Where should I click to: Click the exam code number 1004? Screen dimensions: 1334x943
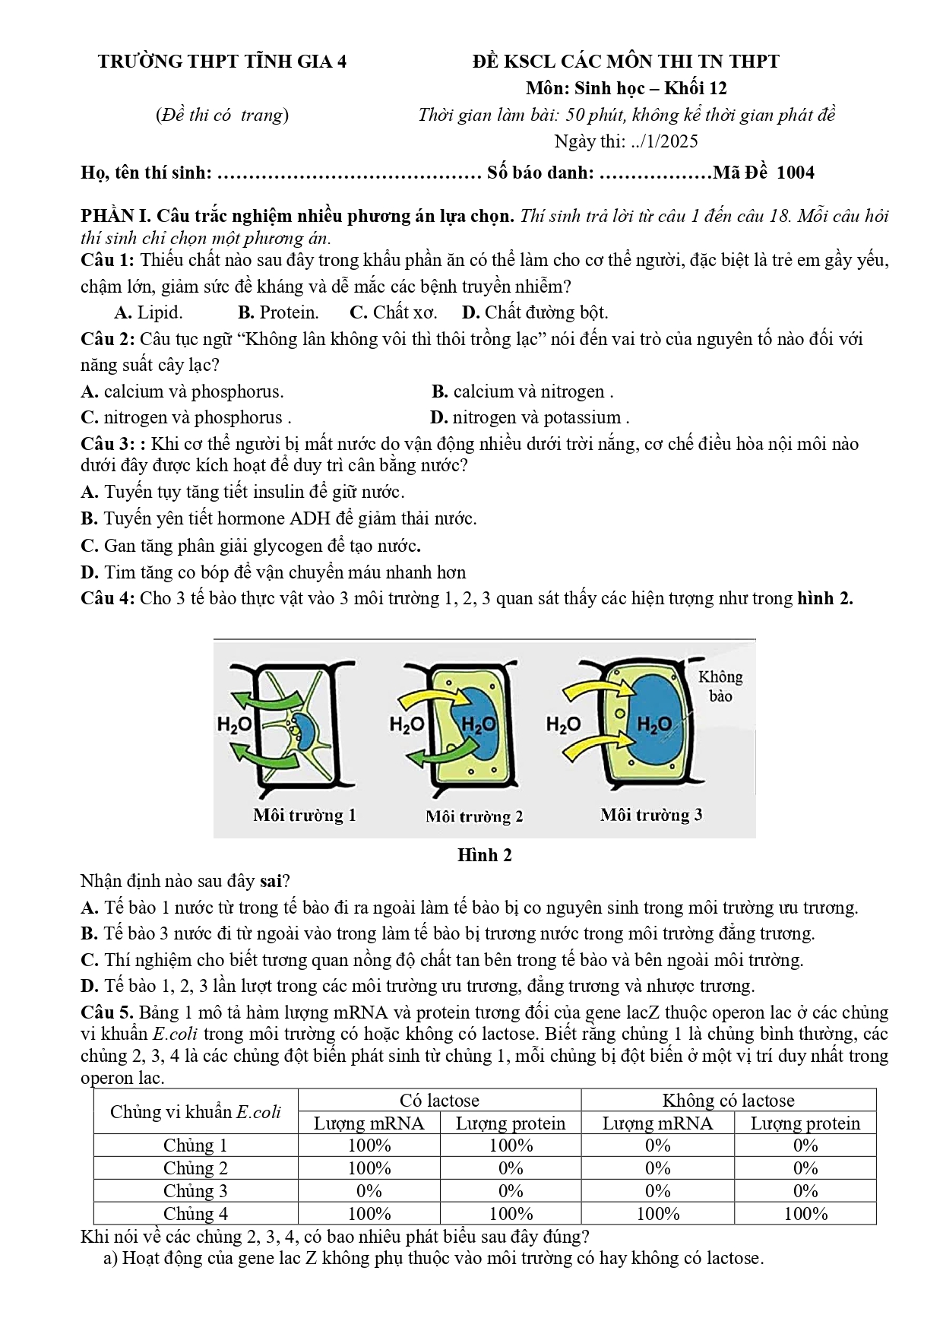click(x=795, y=173)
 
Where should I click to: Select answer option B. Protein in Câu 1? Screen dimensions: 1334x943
click(x=278, y=312)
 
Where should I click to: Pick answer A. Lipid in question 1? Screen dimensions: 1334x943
click(x=148, y=312)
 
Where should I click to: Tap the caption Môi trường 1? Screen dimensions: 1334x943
click(x=305, y=816)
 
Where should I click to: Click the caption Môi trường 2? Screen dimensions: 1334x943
click(x=474, y=816)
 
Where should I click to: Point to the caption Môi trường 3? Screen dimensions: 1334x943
click(x=651, y=815)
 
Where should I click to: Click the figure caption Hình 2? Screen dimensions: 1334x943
click(x=484, y=855)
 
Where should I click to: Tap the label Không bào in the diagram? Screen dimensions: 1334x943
click(x=720, y=686)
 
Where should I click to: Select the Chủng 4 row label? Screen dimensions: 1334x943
click(x=195, y=1213)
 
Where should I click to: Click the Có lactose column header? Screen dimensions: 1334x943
click(x=439, y=1100)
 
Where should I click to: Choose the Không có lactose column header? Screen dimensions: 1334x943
click(x=728, y=1100)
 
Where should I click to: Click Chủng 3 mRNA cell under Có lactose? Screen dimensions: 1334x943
click(x=369, y=1190)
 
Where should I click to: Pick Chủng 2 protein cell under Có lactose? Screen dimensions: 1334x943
click(x=511, y=1168)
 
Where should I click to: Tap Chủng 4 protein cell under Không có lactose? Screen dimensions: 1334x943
click(x=805, y=1213)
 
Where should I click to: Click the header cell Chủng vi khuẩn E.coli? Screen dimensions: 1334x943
click(x=195, y=1112)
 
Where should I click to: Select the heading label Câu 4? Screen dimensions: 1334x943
click(x=108, y=598)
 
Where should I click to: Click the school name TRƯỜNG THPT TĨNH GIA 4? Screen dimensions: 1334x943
click(x=222, y=62)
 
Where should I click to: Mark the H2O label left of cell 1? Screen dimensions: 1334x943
click(x=234, y=724)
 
